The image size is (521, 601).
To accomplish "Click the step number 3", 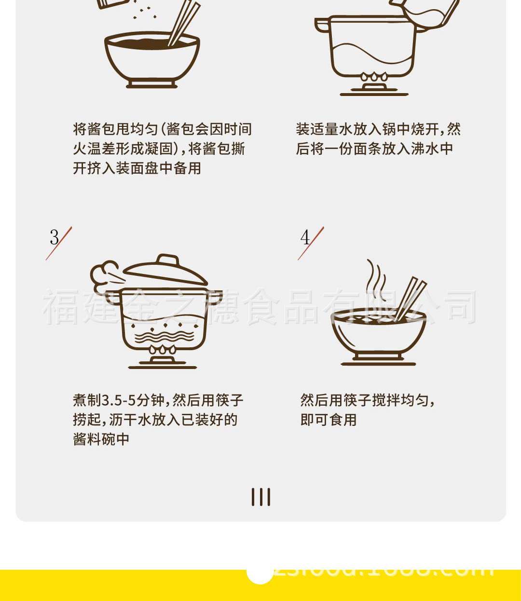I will [x=54, y=237].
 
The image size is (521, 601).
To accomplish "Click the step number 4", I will [x=305, y=237].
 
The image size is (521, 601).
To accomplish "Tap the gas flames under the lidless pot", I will [x=374, y=77].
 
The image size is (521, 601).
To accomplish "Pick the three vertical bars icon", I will [x=260, y=497].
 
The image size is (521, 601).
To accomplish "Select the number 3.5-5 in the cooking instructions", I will [x=119, y=400].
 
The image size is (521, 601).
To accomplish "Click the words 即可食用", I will [x=328, y=420].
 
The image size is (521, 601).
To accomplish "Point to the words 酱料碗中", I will [x=101, y=439].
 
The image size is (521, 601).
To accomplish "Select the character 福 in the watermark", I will [x=60, y=307].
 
